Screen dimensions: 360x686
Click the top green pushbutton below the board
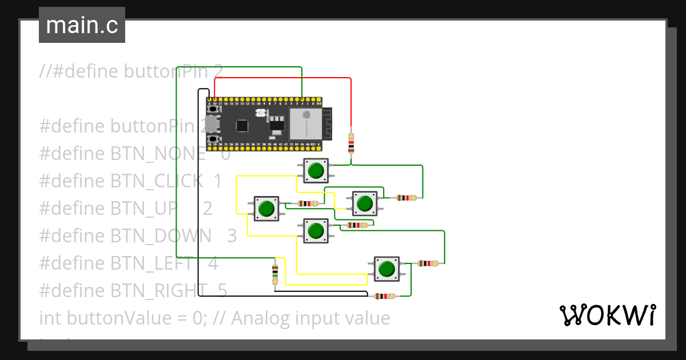[x=316, y=170]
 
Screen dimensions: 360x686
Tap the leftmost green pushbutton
[x=266, y=209]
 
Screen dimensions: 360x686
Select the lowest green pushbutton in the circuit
[x=387, y=269]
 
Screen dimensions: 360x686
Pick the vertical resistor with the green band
[x=275, y=274]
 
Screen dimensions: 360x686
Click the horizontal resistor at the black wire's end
[x=384, y=297]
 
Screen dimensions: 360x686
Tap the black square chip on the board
[x=242, y=125]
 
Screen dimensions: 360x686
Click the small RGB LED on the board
[x=260, y=113]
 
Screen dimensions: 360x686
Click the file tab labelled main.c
[x=82, y=25]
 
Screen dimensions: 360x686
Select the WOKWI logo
[x=607, y=315]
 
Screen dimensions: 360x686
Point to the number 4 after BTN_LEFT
[x=213, y=263]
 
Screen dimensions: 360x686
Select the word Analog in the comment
[x=264, y=318]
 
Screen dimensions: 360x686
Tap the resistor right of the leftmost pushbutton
[x=308, y=203]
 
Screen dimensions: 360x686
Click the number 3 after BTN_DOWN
[x=231, y=235]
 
